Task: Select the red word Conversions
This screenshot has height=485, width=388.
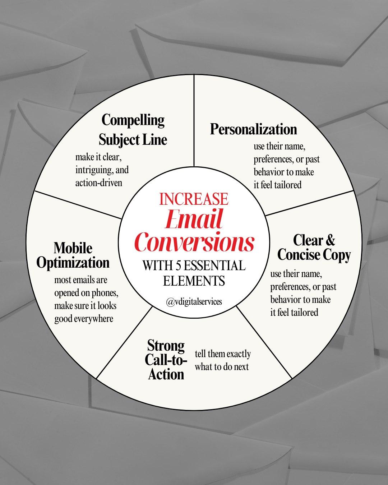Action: coord(194,241)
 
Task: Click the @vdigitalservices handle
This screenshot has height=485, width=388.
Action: coord(194,301)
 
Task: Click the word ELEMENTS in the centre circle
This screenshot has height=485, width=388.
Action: coord(194,281)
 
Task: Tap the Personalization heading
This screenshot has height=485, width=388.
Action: coord(253,129)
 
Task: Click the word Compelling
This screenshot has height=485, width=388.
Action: coord(133,120)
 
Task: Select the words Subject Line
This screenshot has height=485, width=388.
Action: coord(133,139)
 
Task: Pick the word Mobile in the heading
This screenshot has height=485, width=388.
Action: coord(73,248)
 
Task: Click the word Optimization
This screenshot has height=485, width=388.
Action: coord(73,263)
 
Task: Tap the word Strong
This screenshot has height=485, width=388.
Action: coord(166,345)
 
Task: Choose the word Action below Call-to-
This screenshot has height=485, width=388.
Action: coord(166,374)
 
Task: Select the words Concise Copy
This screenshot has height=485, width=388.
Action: coord(314,255)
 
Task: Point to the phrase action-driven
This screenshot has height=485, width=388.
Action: coord(99,183)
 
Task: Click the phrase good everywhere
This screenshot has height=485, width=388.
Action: coord(84,319)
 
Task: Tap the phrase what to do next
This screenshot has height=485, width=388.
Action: coord(222,367)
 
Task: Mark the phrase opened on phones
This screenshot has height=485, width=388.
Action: coord(86,293)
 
